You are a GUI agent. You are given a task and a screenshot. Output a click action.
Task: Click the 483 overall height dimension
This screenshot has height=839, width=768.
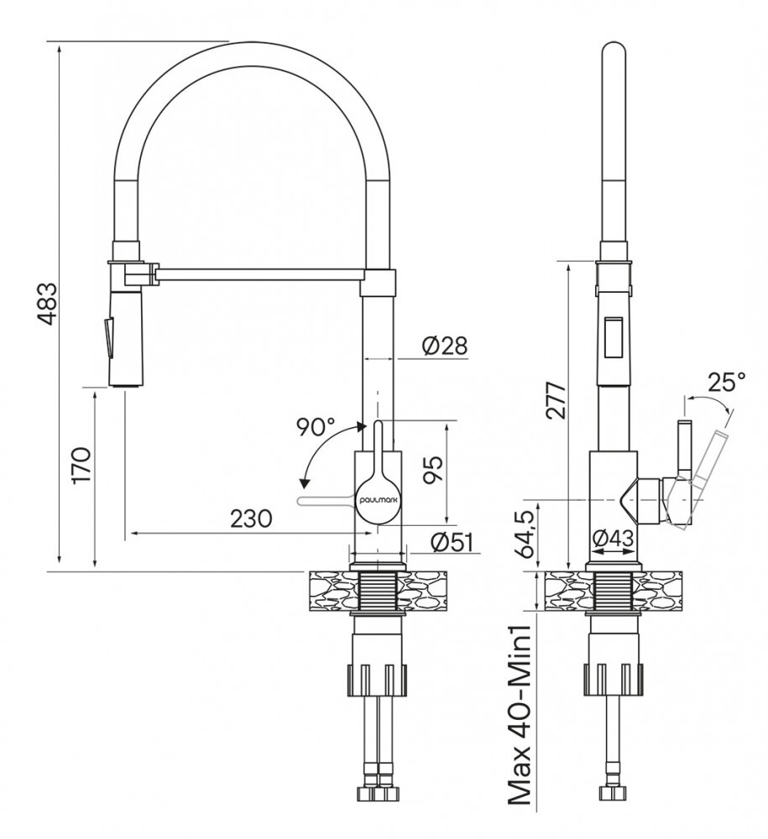point(47,304)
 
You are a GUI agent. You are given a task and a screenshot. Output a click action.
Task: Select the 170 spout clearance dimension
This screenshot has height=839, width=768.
point(82,465)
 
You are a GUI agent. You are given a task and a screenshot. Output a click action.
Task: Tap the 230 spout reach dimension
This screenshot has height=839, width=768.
point(251,518)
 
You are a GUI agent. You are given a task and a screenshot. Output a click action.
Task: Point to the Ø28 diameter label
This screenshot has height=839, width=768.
point(444,346)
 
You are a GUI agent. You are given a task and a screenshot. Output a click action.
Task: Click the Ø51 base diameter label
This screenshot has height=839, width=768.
point(452,543)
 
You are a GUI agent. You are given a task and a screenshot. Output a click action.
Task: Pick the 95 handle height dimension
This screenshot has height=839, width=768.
point(433,469)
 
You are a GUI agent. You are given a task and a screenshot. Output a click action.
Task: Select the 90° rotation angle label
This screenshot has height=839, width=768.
point(316,428)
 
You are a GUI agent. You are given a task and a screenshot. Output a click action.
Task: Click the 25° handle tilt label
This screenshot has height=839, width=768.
point(726,382)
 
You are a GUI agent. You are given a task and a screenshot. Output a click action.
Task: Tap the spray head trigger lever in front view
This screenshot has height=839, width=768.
point(108,336)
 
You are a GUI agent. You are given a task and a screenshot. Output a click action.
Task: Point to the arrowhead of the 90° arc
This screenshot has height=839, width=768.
point(305,484)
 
